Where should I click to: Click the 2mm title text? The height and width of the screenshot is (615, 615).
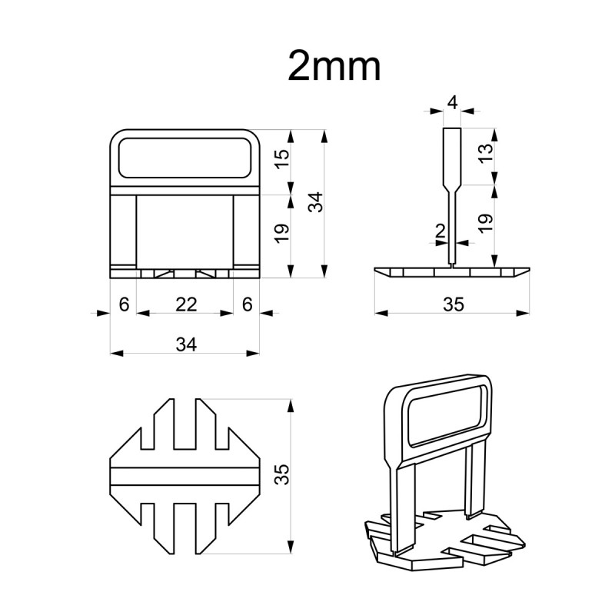point(334,67)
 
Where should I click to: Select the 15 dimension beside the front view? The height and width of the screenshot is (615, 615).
point(281,159)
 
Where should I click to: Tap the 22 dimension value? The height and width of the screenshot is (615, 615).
point(186,304)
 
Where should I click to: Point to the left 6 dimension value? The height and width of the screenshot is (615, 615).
point(124,304)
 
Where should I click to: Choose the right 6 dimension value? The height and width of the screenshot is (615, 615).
point(247,304)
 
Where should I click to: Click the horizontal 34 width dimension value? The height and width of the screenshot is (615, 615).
point(186,344)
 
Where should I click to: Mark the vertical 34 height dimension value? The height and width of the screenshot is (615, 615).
point(315,202)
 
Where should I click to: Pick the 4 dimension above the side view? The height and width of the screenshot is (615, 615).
point(453,103)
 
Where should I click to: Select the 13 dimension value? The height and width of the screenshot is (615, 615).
point(486,153)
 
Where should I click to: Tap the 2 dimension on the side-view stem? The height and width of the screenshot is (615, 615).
point(440,231)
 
